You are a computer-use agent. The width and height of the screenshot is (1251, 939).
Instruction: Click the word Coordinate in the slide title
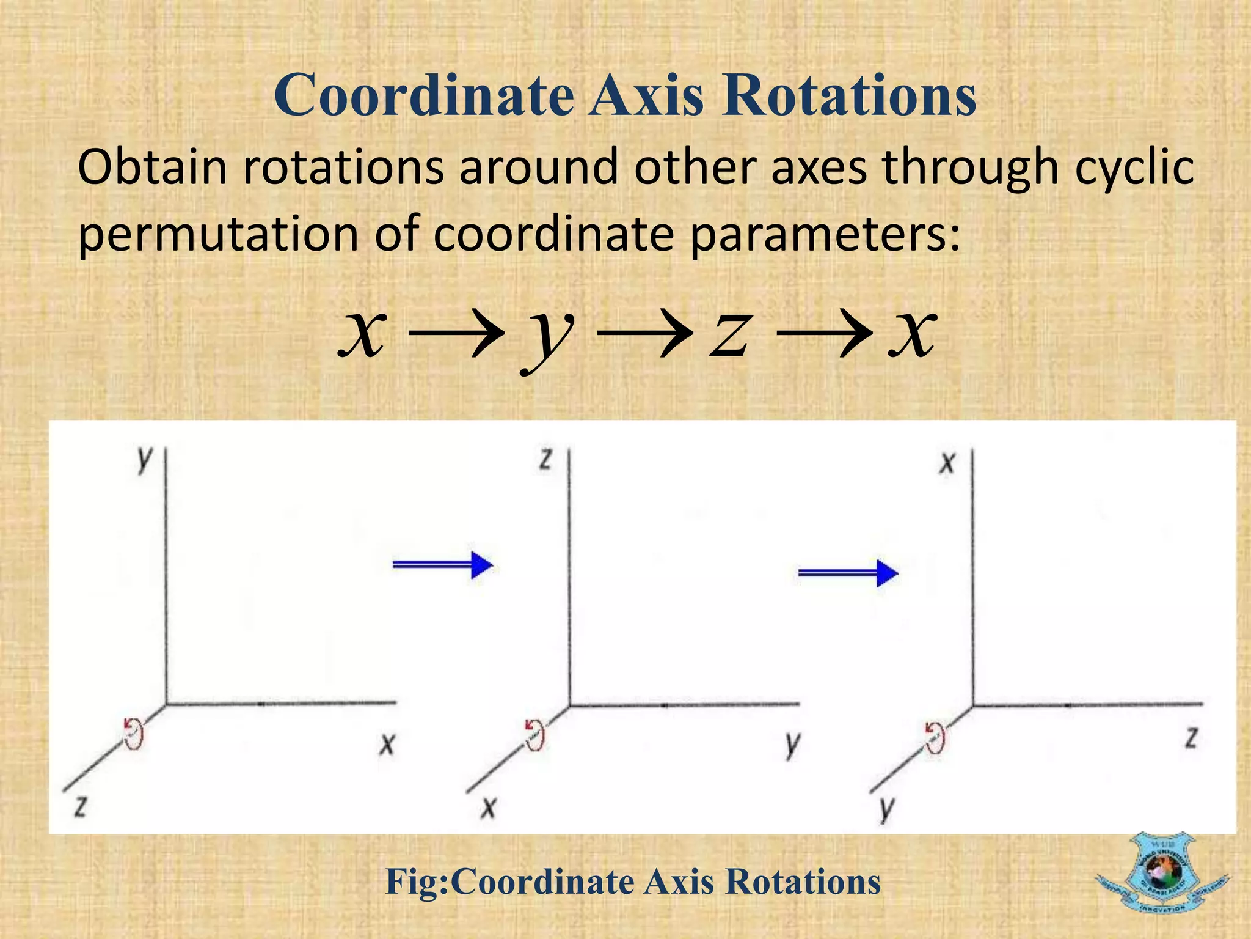pyautogui.click(x=424, y=95)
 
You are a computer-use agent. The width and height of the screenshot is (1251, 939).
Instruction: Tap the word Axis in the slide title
pyautogui.click(x=646, y=95)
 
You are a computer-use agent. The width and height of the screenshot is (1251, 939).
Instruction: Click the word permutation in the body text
pyautogui.click(x=219, y=235)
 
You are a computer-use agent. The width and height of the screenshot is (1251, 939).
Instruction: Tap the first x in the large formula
pyautogui.click(x=363, y=334)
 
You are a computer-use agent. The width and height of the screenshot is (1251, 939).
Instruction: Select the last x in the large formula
pyautogui.click(x=911, y=334)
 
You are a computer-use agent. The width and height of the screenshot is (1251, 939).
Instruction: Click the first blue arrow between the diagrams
pyautogui.click(x=442, y=564)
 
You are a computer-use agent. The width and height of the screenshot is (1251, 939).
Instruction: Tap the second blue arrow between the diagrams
pyautogui.click(x=848, y=573)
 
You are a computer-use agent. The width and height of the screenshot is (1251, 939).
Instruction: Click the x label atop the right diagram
pyautogui.click(x=947, y=463)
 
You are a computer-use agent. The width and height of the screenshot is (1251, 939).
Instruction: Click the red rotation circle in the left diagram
pyautogui.click(x=133, y=732)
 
